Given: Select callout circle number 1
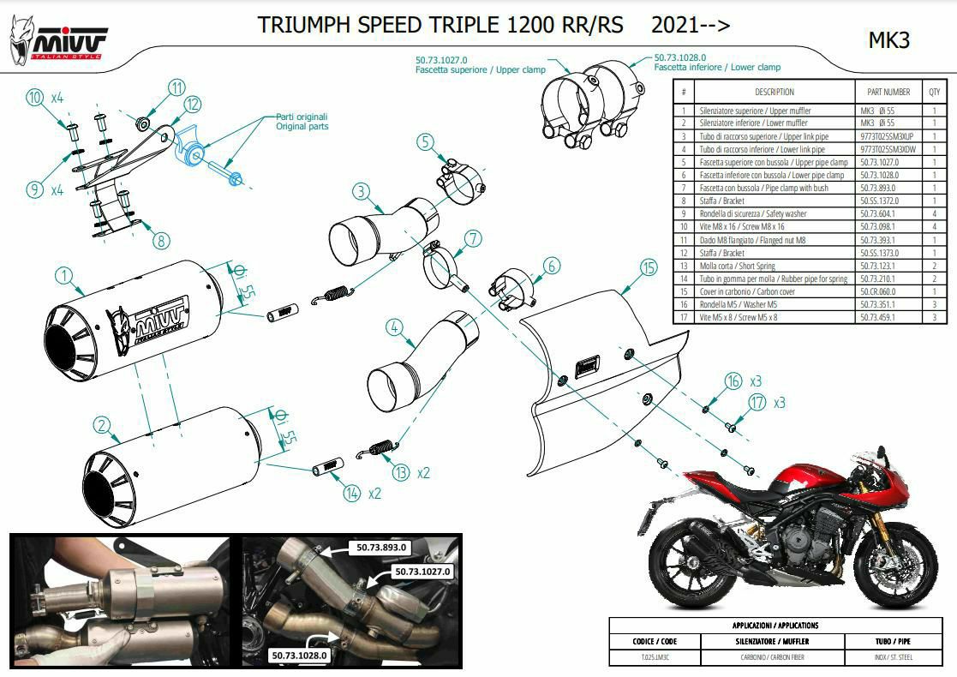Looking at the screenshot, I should pos(62,276).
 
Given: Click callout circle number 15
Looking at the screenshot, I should pos(647,267).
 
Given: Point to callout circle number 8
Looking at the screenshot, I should pos(161,241).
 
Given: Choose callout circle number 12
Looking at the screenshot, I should pos(191,105).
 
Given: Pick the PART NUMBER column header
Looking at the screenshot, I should pos(888,92).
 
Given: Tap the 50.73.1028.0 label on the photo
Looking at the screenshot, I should pos(300,656).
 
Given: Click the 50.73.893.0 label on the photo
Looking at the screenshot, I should pos(381,546).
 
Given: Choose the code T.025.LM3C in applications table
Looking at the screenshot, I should pos(652,657).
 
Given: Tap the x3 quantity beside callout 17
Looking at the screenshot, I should pos(779,402).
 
